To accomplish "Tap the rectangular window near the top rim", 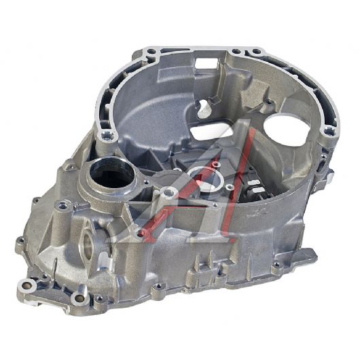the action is pos(206,62).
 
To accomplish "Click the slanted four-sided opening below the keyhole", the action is pos(211,132).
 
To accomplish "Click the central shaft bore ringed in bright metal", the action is pos(206,180).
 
